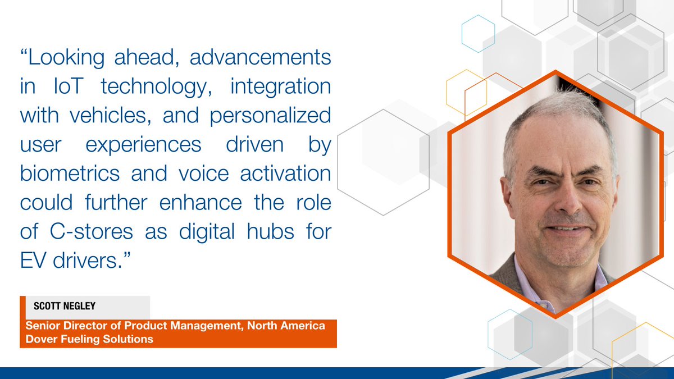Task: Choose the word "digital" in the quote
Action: click(x=211, y=231)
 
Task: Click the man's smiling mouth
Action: click(x=564, y=230)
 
